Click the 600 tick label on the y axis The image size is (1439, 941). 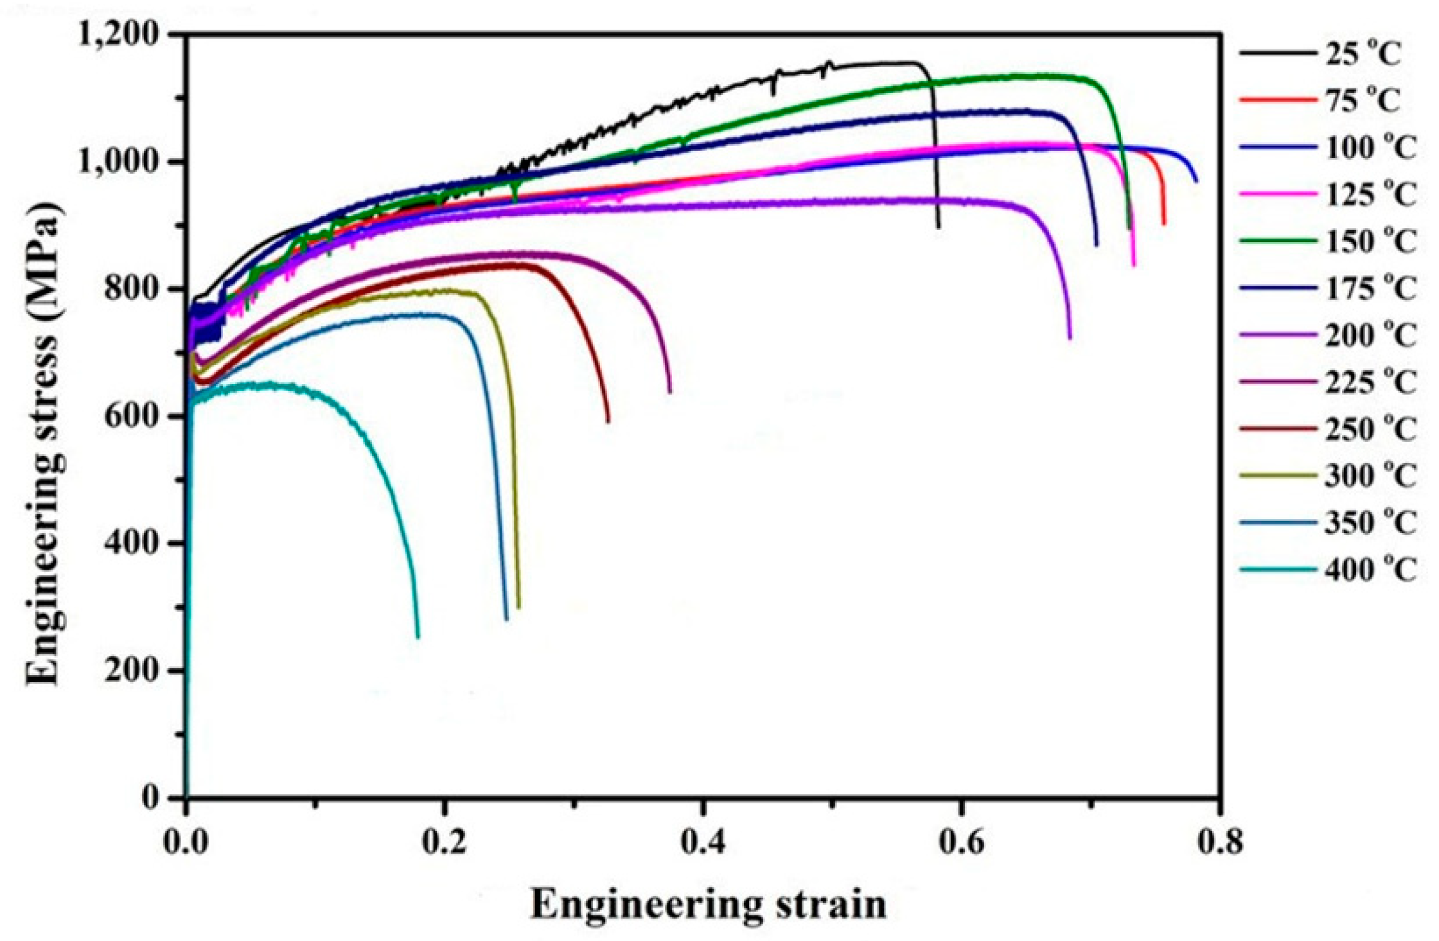tap(131, 416)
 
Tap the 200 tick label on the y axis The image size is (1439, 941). tap(131, 671)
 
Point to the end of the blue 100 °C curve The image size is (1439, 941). tap(1196, 181)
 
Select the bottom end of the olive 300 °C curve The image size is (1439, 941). tap(518, 606)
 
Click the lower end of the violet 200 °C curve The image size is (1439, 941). tap(1070, 337)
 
